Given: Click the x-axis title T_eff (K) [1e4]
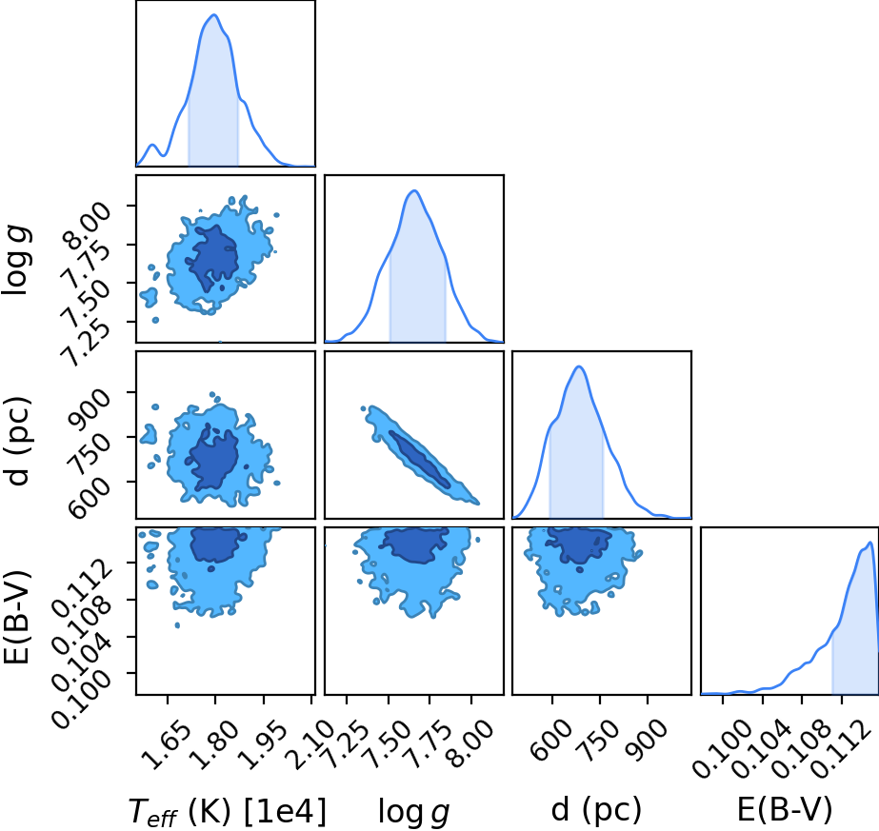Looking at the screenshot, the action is click(x=227, y=811).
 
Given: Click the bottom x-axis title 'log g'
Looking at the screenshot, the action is click(x=413, y=811).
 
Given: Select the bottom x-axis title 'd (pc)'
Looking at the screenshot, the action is click(x=596, y=809).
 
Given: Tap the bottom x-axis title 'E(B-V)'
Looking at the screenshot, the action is click(x=785, y=809).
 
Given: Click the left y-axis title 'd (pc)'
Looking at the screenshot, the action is click(x=17, y=441).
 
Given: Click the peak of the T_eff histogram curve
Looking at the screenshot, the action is click(x=214, y=15).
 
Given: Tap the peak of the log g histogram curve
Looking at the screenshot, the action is click(x=414, y=191).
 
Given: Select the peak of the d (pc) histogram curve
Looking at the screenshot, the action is click(x=579, y=366).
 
